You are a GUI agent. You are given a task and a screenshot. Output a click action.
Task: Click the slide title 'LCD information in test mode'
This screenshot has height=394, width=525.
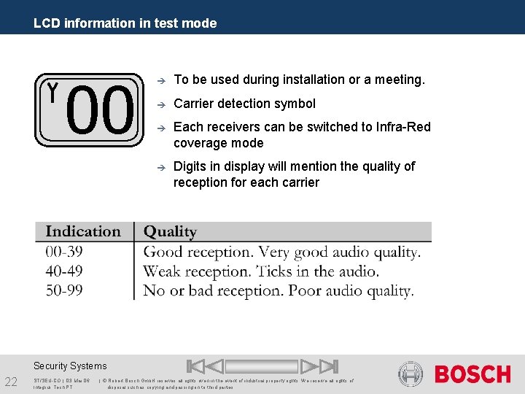(x=125, y=23)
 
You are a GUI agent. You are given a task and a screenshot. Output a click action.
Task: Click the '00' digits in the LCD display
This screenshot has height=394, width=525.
(x=101, y=112)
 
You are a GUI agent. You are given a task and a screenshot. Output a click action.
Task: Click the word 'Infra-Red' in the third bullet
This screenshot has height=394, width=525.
(x=403, y=127)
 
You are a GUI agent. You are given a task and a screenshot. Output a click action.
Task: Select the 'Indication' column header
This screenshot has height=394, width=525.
(x=83, y=232)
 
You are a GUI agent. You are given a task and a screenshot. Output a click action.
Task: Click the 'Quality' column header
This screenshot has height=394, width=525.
(x=170, y=232)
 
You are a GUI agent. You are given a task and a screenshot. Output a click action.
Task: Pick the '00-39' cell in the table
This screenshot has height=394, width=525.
(x=63, y=252)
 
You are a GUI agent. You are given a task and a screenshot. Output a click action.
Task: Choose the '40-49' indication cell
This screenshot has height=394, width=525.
(x=63, y=271)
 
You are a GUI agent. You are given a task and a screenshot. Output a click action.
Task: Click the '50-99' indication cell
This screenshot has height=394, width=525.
(x=63, y=290)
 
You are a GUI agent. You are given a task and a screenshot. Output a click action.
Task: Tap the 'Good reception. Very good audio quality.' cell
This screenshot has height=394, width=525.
(x=281, y=252)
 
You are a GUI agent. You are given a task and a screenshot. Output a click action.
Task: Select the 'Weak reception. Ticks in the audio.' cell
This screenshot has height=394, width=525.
(x=261, y=271)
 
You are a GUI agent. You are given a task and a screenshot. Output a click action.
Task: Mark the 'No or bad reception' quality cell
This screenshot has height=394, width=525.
(x=279, y=290)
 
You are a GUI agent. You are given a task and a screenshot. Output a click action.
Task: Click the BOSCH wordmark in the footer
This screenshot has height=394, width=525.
(x=472, y=374)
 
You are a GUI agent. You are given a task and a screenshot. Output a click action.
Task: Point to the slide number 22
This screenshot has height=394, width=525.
(x=12, y=382)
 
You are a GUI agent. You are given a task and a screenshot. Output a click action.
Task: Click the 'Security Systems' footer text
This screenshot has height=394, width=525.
(x=70, y=366)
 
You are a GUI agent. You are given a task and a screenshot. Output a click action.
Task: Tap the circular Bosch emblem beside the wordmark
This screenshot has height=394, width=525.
(x=411, y=374)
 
